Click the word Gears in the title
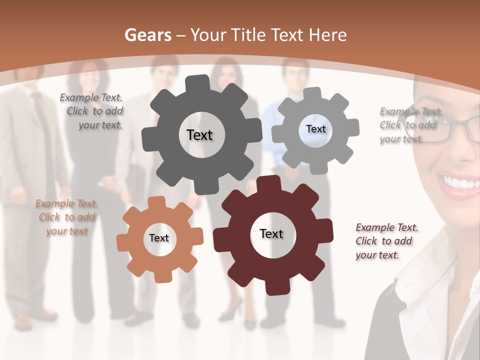(x=148, y=35)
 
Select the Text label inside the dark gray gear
(x=199, y=135)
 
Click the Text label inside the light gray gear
(x=315, y=129)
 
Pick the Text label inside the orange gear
(x=159, y=238)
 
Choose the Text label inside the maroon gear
(x=271, y=233)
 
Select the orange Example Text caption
(x=66, y=217)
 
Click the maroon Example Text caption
(x=386, y=241)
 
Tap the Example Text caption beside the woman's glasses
(x=410, y=125)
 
